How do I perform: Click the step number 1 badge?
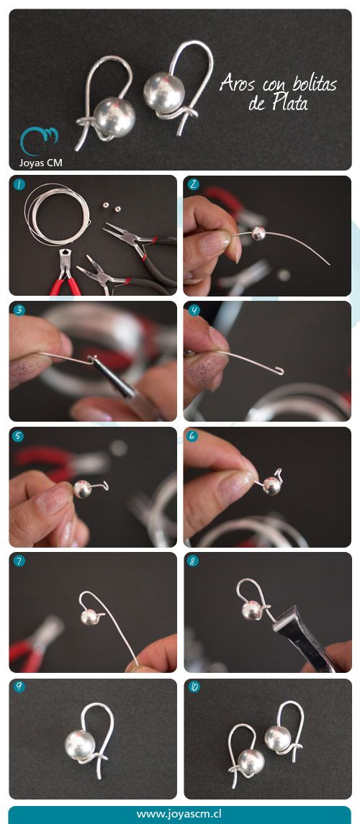19,184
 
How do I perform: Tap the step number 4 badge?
194,310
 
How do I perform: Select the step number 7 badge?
19,561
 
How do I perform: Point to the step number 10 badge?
194,687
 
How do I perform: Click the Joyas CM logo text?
40,163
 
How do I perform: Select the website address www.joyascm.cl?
179,814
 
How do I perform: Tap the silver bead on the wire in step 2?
258,233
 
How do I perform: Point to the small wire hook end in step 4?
279,372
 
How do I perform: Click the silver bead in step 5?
83,489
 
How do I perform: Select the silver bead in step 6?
271,486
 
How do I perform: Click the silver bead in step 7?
89,617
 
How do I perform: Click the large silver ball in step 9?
80,745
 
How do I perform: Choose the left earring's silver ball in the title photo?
114,117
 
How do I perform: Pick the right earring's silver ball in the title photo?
164,91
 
